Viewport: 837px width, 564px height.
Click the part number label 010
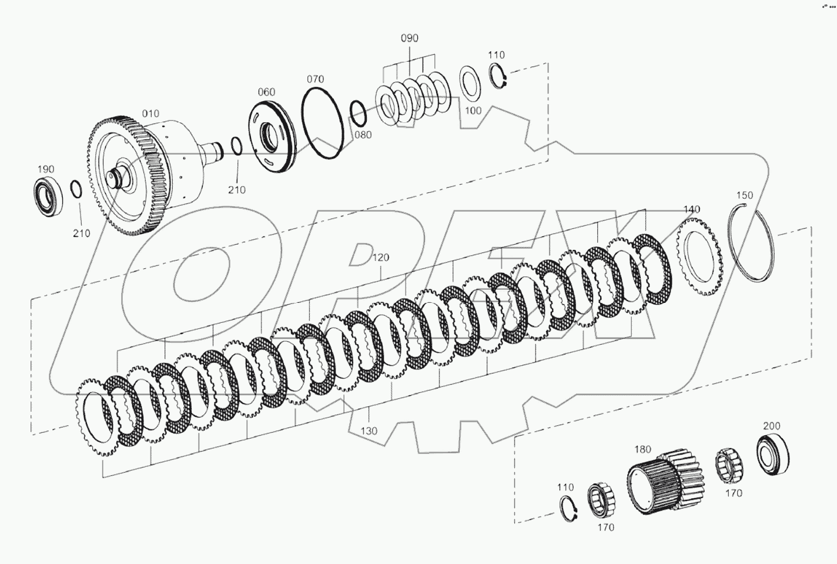(150, 114)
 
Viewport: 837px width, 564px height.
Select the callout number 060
(266, 92)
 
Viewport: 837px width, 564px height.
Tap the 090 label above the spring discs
(409, 38)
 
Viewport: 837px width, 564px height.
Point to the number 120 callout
(381, 258)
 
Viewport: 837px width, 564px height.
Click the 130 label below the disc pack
(369, 431)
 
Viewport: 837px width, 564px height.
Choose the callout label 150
(744, 195)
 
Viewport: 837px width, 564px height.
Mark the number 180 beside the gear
(642, 449)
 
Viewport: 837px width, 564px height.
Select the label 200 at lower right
(771, 426)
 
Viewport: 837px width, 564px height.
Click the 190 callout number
(46, 169)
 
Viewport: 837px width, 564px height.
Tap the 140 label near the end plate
(692, 209)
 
